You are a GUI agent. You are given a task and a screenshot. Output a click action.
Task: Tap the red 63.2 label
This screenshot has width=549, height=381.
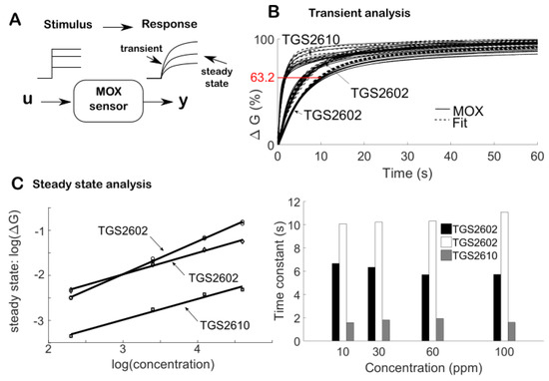258,77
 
